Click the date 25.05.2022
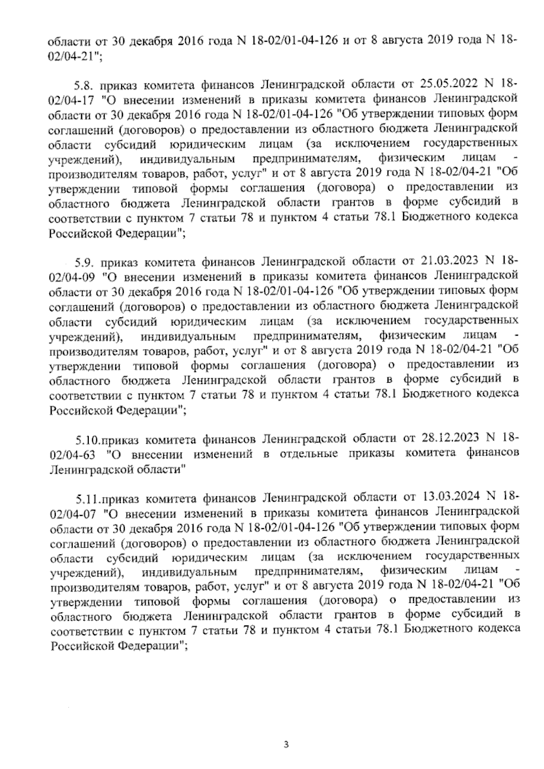446,85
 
